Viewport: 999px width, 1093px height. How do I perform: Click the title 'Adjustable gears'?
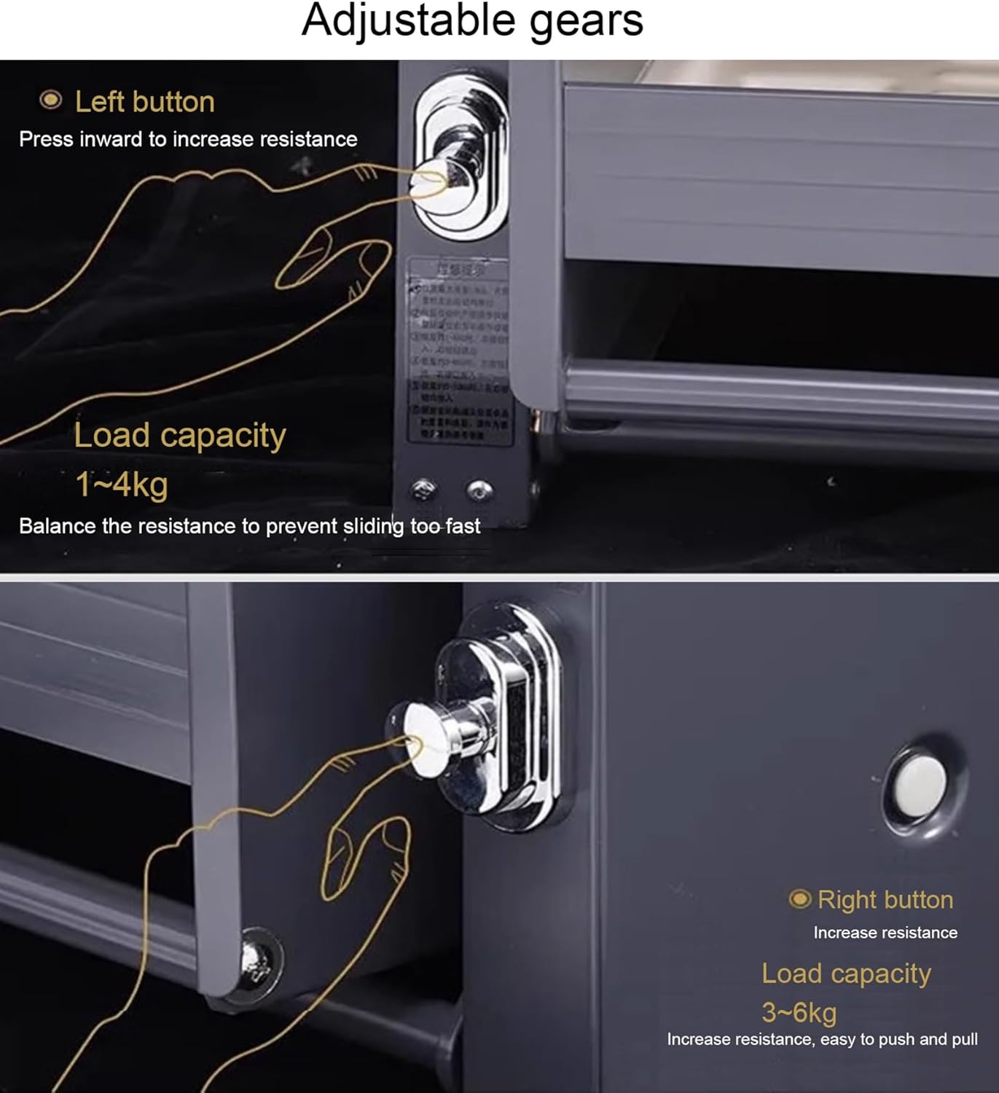(472, 20)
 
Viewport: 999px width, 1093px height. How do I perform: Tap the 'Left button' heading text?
(144, 102)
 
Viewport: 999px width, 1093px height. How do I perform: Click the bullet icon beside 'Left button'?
(50, 100)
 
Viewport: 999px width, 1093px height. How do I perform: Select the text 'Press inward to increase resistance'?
(188, 139)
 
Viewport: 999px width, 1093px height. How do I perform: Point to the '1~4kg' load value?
(122, 485)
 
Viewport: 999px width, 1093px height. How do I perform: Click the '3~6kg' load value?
(799, 1012)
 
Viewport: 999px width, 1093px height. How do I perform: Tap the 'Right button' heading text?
(885, 900)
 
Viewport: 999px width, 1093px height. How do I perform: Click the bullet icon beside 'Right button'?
(799, 899)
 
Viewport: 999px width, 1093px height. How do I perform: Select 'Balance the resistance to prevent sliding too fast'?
(249, 526)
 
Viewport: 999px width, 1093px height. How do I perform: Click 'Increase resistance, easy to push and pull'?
(822, 1039)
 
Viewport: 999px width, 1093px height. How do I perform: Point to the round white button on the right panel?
(921, 786)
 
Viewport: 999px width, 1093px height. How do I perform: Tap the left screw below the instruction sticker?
(423, 490)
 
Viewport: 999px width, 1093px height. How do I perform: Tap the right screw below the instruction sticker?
(479, 490)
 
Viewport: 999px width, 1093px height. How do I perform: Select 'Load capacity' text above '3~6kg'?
(846, 973)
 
